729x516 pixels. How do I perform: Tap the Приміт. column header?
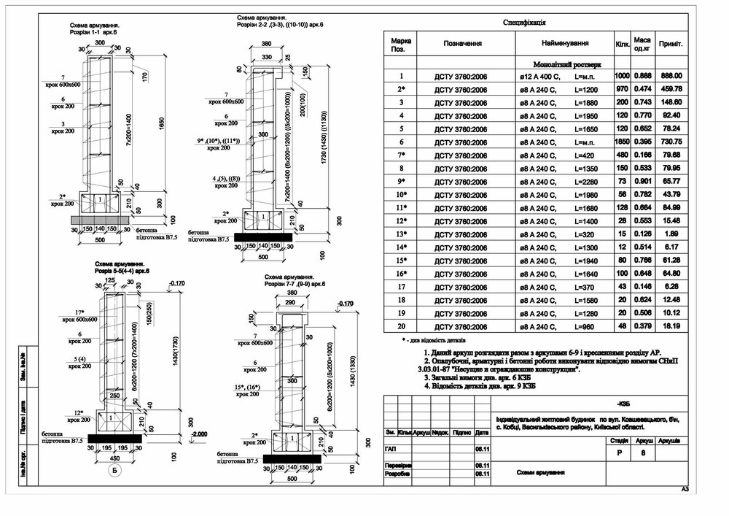(x=671, y=44)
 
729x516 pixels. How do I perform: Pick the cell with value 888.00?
(x=671, y=75)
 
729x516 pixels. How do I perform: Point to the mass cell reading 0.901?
(x=642, y=181)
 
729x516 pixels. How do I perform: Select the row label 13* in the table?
(x=400, y=234)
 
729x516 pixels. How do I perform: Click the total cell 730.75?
(x=671, y=142)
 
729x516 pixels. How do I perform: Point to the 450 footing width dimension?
(x=114, y=458)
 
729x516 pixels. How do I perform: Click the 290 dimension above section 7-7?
(x=291, y=302)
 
